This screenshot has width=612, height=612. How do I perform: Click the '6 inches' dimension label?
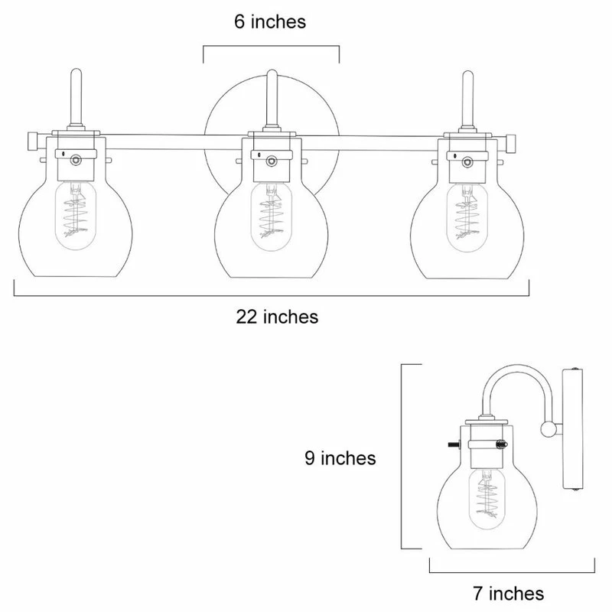pos(269,22)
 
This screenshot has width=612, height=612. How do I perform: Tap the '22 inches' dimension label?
pos(276,315)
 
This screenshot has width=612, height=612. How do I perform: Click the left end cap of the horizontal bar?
pos(32,141)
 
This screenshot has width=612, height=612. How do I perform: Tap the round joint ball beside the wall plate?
pos(548,428)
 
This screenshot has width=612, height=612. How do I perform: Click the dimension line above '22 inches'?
pos(272,295)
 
